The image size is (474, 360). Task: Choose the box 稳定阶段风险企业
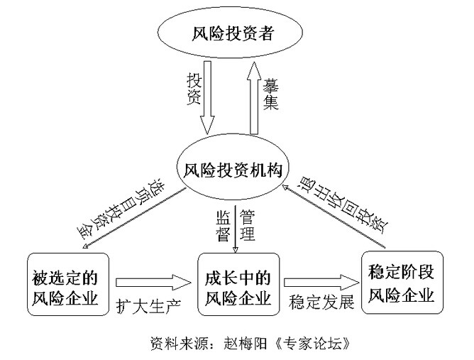(402, 282)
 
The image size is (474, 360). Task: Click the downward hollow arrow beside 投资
(207, 99)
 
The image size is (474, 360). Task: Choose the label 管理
(247, 225)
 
